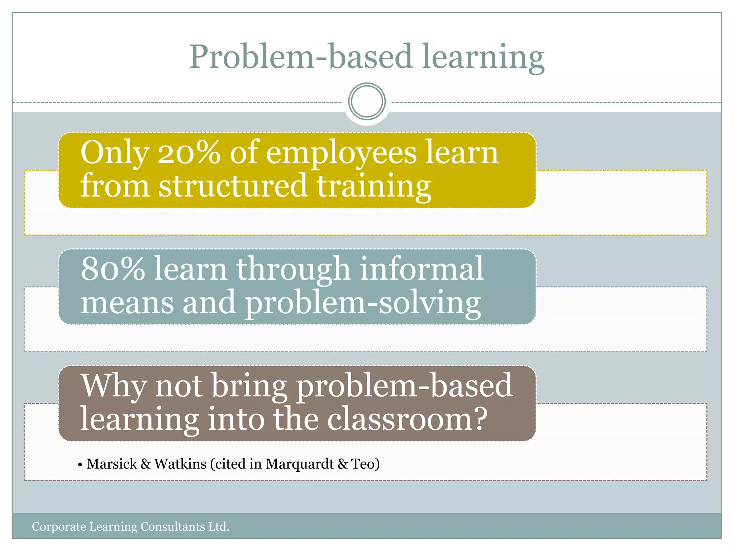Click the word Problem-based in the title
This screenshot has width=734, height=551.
coord(300,57)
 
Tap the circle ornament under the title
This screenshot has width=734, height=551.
coord(367,102)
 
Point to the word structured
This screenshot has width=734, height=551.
coord(233,186)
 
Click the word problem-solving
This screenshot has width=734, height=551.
coord(363,303)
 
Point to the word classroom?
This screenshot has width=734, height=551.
coord(407,419)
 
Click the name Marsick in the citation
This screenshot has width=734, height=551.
coord(112,464)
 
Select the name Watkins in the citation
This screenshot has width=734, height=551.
coord(180,464)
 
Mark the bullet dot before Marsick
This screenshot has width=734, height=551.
coord(80,465)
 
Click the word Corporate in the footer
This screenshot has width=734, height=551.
coord(59,527)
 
